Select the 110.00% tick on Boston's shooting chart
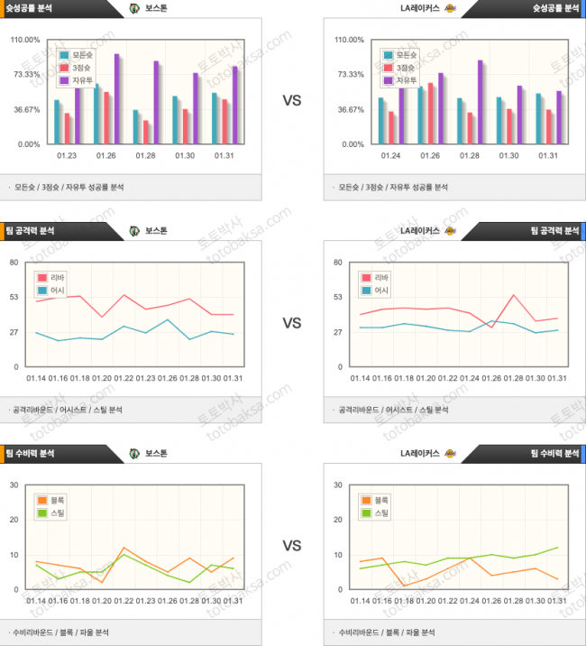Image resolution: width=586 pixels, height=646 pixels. point(24,41)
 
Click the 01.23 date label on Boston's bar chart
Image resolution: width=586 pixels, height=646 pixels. point(67,156)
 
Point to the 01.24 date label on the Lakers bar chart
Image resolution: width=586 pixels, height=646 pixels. point(391,156)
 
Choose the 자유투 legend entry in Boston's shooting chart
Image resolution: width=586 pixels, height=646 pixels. point(76,80)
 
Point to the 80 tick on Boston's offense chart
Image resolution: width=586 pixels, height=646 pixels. point(14,263)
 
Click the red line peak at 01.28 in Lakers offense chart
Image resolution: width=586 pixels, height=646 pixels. point(513,295)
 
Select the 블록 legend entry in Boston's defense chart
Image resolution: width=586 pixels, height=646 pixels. point(51,500)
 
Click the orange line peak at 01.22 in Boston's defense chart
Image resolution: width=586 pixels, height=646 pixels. point(124,548)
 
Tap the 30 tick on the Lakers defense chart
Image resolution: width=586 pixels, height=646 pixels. point(338,485)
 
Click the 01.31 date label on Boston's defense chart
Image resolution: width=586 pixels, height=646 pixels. point(233,601)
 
